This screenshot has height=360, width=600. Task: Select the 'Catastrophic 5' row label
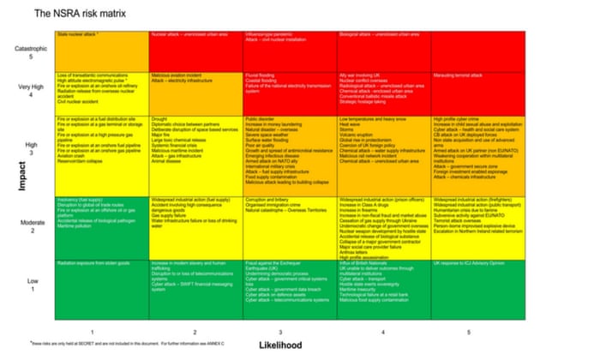[27, 53]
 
